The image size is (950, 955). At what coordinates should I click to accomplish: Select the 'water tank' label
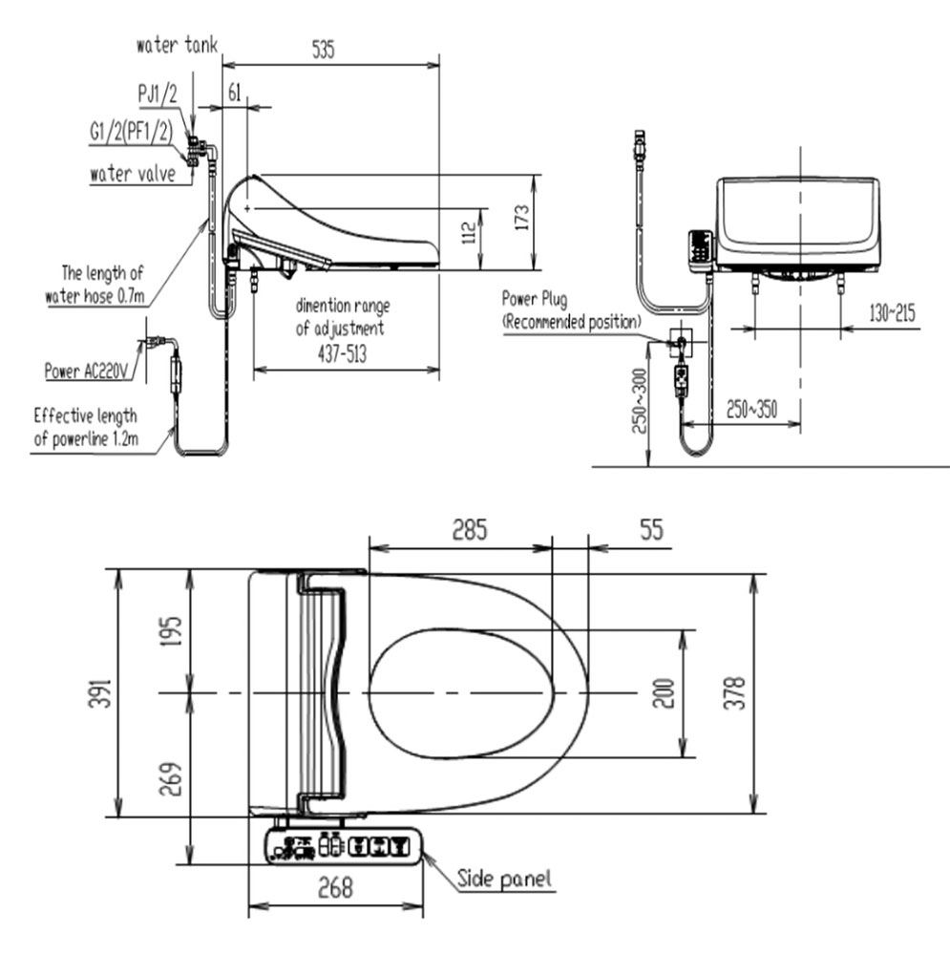[177, 45]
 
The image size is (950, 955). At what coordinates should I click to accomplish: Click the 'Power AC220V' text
[90, 370]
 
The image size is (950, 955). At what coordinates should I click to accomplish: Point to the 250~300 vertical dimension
[638, 401]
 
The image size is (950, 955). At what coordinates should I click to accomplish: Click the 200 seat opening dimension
[665, 693]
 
